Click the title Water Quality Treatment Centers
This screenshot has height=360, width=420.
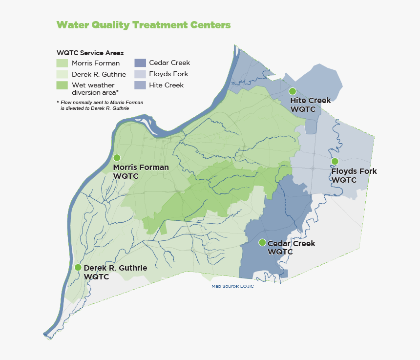143,25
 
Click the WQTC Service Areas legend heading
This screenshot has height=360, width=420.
90,53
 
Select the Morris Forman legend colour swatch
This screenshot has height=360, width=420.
62,63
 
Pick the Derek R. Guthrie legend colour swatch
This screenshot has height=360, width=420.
62,74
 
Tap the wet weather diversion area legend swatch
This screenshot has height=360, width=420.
62,85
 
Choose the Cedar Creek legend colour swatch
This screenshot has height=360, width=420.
140,63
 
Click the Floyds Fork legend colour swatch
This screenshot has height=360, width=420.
140,74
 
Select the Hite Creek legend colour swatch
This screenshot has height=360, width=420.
140,85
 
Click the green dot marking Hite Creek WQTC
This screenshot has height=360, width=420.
293,91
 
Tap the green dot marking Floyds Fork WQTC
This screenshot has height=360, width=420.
335,161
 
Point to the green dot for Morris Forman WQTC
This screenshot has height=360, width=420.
117,158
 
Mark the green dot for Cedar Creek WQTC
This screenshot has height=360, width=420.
262,242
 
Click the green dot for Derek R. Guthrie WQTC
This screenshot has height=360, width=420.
78,267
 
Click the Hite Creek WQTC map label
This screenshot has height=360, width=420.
310,105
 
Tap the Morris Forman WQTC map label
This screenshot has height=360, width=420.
141,171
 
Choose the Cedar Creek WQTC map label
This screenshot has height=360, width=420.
291,248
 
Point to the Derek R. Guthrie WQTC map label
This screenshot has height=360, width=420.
115,272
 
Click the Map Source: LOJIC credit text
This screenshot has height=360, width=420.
232,286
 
